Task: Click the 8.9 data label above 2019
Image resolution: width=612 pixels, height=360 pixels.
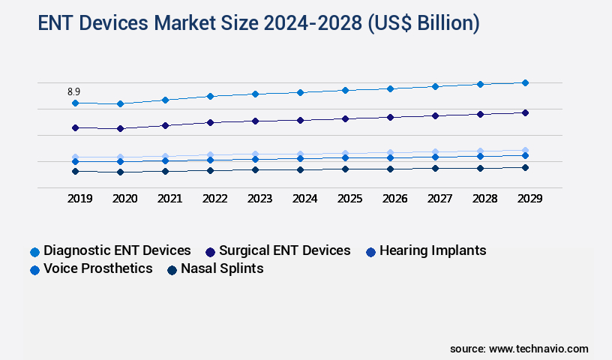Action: point(74,91)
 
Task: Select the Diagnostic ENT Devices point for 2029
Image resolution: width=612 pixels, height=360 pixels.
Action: point(525,82)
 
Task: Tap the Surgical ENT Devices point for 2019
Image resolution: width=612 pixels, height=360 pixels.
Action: point(75,127)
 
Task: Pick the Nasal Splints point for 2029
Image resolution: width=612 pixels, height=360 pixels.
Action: point(525,167)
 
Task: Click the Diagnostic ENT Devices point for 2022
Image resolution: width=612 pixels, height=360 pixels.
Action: point(210,96)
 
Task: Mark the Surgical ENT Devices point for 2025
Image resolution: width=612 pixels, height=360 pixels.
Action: point(345,118)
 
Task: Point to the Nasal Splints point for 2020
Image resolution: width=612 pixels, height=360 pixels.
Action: point(120,172)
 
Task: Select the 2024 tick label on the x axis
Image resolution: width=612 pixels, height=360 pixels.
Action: point(304,199)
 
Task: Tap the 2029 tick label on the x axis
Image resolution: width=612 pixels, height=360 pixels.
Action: point(529,199)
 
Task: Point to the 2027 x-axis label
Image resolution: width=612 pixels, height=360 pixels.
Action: point(439,199)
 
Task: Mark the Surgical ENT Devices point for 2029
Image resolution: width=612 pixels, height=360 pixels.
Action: point(525,112)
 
